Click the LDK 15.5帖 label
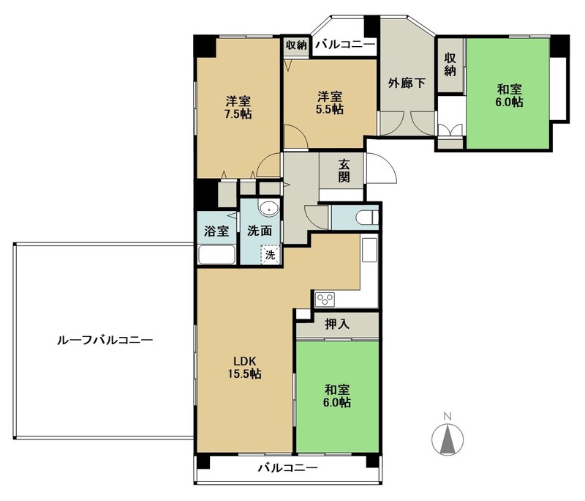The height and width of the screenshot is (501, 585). pyautogui.click(x=245, y=367)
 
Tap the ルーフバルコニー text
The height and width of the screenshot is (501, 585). pyautogui.click(x=105, y=341)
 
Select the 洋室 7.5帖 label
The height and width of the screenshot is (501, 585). pyautogui.click(x=238, y=107)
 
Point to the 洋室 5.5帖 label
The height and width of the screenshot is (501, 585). pyautogui.click(x=331, y=103)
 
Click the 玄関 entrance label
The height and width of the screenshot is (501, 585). pyautogui.click(x=344, y=171)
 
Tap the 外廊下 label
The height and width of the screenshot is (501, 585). pyautogui.click(x=407, y=83)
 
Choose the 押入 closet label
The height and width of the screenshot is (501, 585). pyautogui.click(x=337, y=324)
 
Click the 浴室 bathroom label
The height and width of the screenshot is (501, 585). pyautogui.click(x=216, y=231)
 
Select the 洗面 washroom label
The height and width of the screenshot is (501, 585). pyautogui.click(x=260, y=231)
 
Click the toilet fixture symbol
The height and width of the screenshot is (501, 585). pyautogui.click(x=366, y=218)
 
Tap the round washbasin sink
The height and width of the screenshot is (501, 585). pyautogui.click(x=268, y=209)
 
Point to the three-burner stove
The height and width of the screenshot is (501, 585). pyautogui.click(x=325, y=300)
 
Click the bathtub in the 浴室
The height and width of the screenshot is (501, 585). pyautogui.click(x=216, y=255)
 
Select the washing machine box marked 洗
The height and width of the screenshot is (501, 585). pyautogui.click(x=270, y=255)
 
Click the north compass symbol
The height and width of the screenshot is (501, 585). pyautogui.click(x=448, y=439)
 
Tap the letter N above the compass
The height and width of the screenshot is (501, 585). pyautogui.click(x=448, y=416)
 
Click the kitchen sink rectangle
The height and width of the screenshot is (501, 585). pyautogui.click(x=369, y=250)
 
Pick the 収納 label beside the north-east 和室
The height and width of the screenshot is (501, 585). pyautogui.click(x=450, y=64)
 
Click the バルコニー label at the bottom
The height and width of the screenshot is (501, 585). pyautogui.click(x=288, y=467)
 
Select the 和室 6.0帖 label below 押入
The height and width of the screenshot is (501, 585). pyautogui.click(x=337, y=396)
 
